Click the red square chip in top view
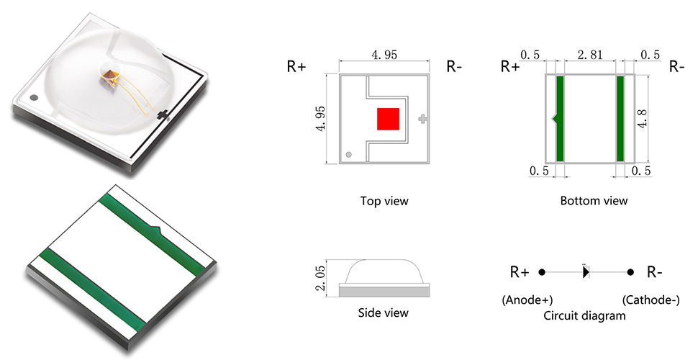389,120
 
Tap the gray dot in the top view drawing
348,154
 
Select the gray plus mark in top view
422,120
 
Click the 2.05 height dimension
320,277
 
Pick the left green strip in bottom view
561,119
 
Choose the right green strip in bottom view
619,119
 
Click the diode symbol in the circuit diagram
586,272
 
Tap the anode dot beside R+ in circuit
542,272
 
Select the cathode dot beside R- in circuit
630,272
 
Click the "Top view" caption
384,201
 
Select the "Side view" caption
383,312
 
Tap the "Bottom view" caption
594,201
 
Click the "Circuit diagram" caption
584,315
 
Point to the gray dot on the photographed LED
33,96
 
